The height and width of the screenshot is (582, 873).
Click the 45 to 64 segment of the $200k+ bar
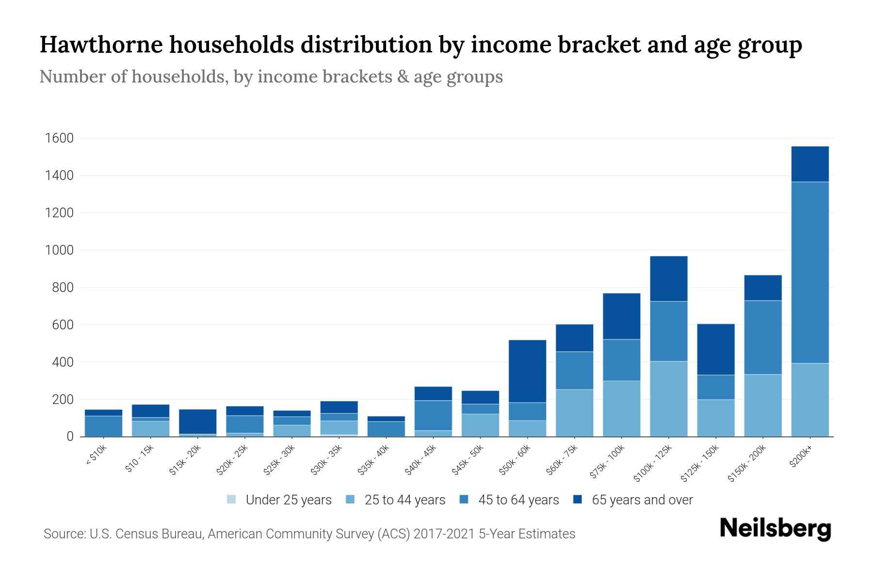coord(809,272)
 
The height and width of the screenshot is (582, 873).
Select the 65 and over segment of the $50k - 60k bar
coord(527,371)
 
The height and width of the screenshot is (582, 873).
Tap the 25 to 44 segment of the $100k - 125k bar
coord(668,399)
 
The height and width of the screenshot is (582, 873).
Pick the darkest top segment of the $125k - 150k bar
coord(715,349)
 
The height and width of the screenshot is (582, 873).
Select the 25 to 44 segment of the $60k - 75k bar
coord(574,413)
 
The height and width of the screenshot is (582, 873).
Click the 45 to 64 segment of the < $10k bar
coord(103,426)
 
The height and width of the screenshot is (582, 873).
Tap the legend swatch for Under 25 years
coord(232,500)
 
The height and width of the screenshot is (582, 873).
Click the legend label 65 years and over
coord(642,500)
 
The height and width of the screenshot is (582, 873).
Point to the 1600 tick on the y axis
coord(59,138)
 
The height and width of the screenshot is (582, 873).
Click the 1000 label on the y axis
coord(59,250)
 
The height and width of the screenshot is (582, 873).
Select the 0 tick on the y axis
coord(70,436)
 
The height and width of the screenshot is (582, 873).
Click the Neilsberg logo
coord(775,528)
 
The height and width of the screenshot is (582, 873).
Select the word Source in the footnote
coord(64,534)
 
